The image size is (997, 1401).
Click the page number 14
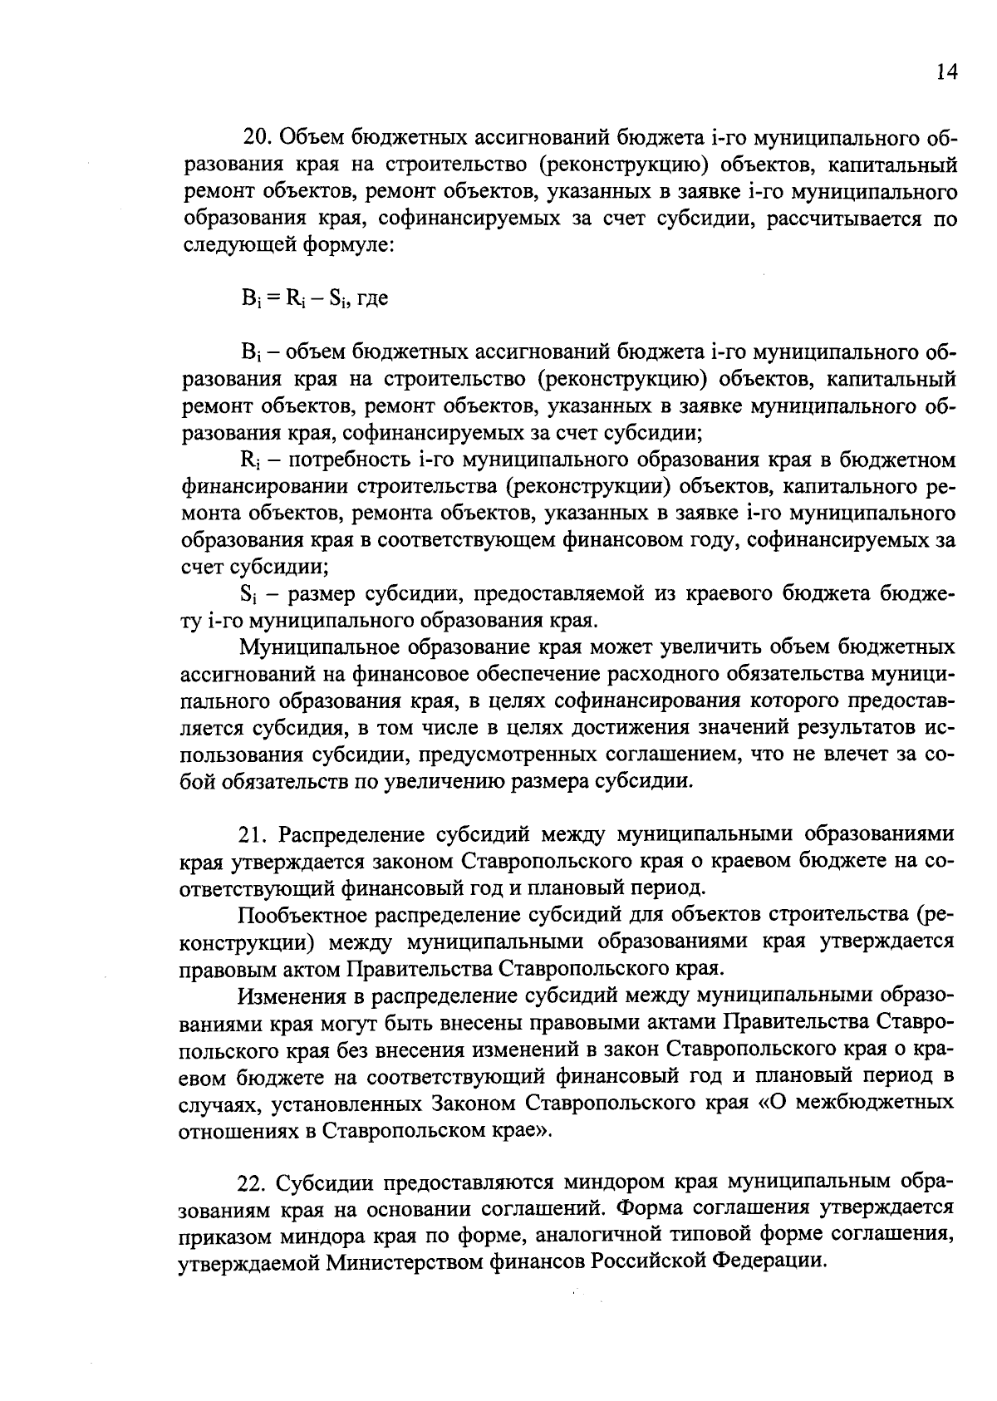pos(947,72)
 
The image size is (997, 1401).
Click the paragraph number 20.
pos(253,138)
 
